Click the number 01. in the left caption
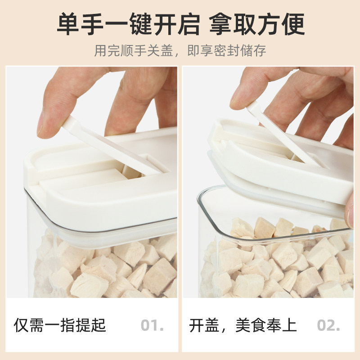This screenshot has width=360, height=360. [x=152, y=325]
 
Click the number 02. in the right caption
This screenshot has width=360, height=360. [x=328, y=325]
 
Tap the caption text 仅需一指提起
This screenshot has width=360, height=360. [x=60, y=325]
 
